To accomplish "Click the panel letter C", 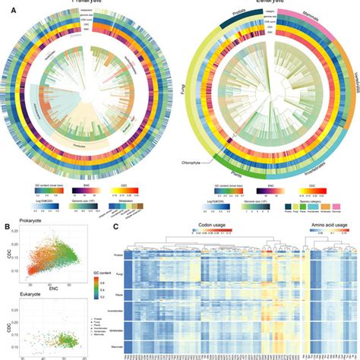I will point(116,226).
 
